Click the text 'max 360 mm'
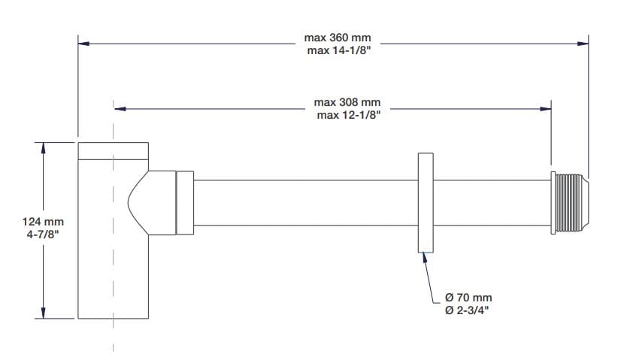(x=337, y=38)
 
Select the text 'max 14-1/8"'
(x=337, y=50)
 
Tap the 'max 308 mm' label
(x=347, y=102)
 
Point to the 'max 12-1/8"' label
(x=347, y=115)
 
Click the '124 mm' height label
(x=43, y=222)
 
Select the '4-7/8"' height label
(x=43, y=234)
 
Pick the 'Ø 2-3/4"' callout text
(x=469, y=311)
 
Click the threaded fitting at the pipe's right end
(x=570, y=202)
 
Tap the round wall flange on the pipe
(x=425, y=202)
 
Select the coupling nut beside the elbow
(x=185, y=202)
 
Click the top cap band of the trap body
(x=114, y=150)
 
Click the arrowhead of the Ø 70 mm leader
(x=426, y=257)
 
